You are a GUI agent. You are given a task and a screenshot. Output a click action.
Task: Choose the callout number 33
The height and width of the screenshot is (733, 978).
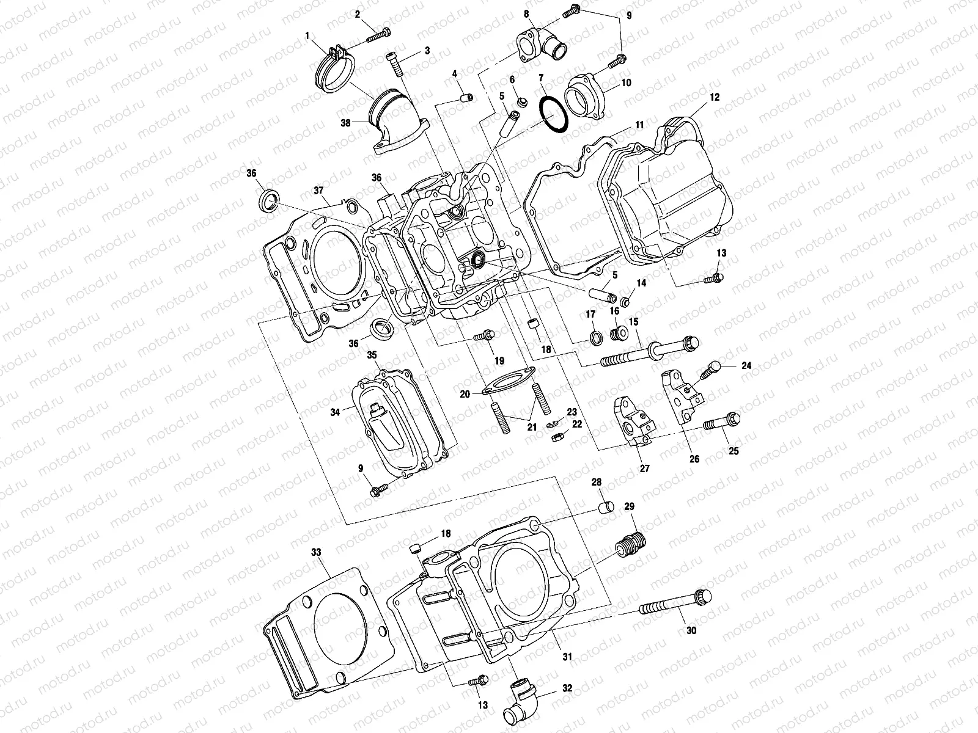(x=315, y=552)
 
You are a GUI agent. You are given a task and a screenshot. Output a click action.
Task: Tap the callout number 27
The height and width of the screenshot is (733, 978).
(x=644, y=469)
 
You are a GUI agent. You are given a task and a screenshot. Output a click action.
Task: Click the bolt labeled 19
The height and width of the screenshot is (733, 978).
(x=485, y=335)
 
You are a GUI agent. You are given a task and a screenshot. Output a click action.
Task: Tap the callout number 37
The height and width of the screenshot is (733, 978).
(x=318, y=190)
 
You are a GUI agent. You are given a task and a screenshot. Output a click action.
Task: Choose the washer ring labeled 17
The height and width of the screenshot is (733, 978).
(x=592, y=337)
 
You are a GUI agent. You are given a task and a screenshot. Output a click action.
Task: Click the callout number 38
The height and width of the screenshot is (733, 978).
(x=346, y=122)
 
